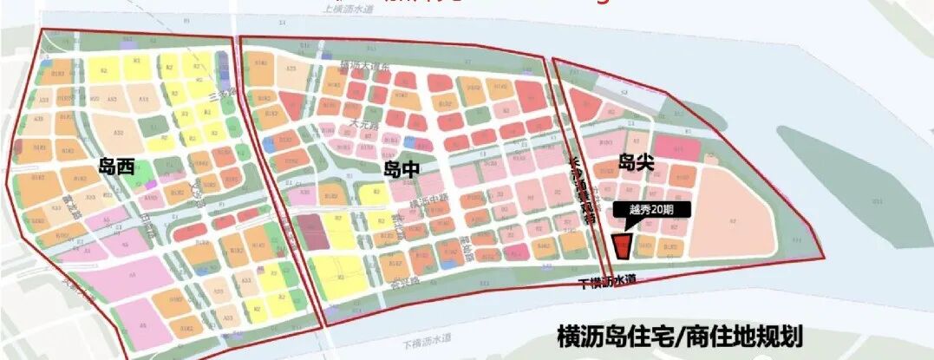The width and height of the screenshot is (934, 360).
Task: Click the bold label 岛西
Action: pos(116,167)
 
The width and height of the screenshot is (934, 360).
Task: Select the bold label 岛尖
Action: pos(636,160)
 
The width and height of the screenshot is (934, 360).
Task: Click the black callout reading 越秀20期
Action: pos(651,209)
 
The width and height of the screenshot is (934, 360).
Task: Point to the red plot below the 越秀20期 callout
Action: pos(622,245)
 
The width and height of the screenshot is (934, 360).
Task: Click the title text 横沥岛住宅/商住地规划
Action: pos(681,335)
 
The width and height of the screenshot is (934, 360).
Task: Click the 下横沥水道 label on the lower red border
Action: pos(608,279)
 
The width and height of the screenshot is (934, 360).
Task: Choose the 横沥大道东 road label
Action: pos(364,66)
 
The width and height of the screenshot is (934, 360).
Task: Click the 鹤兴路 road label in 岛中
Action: pos(395,230)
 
